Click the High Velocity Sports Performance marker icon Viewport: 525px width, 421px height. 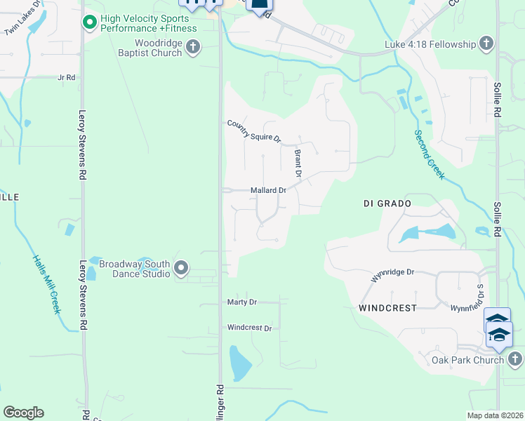[89, 23]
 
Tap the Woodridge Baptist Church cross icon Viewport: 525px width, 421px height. [193, 48]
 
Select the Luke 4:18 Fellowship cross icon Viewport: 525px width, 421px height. [486, 45]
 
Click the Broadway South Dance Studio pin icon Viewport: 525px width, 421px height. [181, 268]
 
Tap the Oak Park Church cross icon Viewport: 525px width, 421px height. [514, 360]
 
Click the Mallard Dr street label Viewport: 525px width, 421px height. [268, 190]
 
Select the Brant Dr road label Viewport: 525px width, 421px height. [298, 163]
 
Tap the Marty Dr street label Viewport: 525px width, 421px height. [242, 302]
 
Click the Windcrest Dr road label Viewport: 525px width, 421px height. [248, 328]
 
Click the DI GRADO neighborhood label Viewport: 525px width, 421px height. [387, 203]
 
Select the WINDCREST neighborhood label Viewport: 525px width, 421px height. [387, 308]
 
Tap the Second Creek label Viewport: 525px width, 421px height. [428, 154]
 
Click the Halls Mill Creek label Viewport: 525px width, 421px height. [47, 283]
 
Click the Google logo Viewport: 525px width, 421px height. [23, 413]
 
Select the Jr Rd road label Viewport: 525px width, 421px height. [67, 77]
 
